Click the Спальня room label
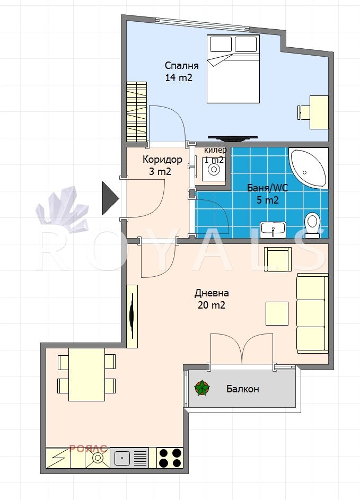pos(181,66)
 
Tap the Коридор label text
pos(162,159)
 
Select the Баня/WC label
pos(267,188)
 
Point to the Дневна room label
pos(212,293)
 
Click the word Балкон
pos(242,389)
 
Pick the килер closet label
pos(215,150)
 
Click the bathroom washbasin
pos(273,230)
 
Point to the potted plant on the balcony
pos(202,388)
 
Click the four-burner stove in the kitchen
pos(170,458)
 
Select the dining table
pos(87,374)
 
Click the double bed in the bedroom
pos(233,69)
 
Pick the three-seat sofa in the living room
pos(312,313)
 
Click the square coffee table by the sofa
pos(277,314)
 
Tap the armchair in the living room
pos(278,259)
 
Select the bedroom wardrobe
pos(136,111)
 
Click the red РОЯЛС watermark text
pos(89,449)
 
